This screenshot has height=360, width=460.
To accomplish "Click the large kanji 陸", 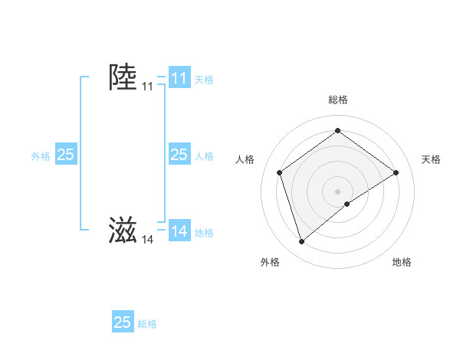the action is (123, 77).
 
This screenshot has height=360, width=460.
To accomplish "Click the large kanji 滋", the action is (123, 230).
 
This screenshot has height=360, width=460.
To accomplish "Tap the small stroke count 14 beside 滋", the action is (147, 240).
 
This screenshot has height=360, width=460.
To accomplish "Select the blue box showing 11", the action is (179, 78).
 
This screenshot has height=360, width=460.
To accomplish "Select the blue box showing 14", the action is (179, 231).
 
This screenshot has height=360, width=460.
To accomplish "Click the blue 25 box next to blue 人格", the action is (179, 155).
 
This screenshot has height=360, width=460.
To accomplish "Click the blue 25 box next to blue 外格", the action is (66, 155).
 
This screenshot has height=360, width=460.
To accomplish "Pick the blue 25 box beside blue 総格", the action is (123, 322).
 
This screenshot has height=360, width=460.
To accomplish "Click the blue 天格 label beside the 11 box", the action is (204, 80).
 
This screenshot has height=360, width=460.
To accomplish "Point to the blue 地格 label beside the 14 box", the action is (204, 233).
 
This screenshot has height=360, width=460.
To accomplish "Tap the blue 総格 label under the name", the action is (147, 324).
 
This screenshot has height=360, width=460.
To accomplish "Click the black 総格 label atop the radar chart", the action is (337, 100).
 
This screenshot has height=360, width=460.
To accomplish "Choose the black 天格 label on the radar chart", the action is (431, 159).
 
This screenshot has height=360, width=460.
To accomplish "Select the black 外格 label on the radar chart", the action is (270, 262).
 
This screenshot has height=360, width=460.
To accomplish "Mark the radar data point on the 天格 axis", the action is (396, 172).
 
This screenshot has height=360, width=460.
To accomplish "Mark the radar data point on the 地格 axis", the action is (347, 204).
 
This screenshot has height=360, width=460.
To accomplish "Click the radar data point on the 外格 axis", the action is (301, 242).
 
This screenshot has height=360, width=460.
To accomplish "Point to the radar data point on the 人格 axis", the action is (280, 172).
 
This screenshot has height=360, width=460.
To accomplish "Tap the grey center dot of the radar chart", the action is (337, 191).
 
